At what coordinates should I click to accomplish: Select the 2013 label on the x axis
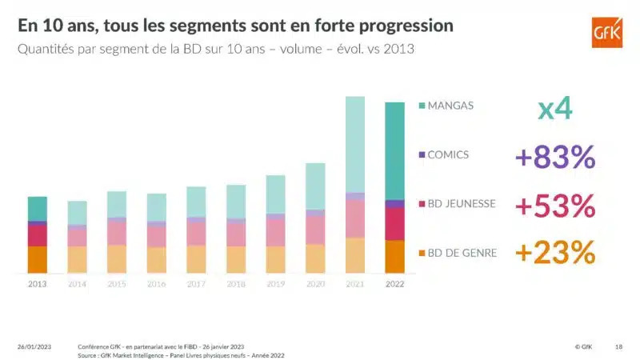[x=37, y=284]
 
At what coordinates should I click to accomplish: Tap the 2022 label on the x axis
[x=394, y=284]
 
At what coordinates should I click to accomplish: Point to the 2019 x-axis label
[x=275, y=284]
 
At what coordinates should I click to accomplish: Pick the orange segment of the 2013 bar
[x=37, y=259]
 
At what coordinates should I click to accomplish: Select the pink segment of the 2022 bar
[x=394, y=224]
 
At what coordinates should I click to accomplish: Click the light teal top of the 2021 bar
[x=354, y=144]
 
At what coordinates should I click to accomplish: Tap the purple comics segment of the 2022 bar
[x=394, y=204]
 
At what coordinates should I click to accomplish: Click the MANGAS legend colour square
[x=421, y=106]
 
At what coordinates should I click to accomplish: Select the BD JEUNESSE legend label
[x=462, y=204]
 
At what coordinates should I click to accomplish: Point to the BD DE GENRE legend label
[x=462, y=253]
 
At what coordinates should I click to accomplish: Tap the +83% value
[x=555, y=157]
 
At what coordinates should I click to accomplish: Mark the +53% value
[x=555, y=206]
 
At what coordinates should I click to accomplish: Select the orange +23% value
[x=555, y=254]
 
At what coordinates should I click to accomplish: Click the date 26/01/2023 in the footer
[x=34, y=346]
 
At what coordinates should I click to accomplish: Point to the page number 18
[x=618, y=346]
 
